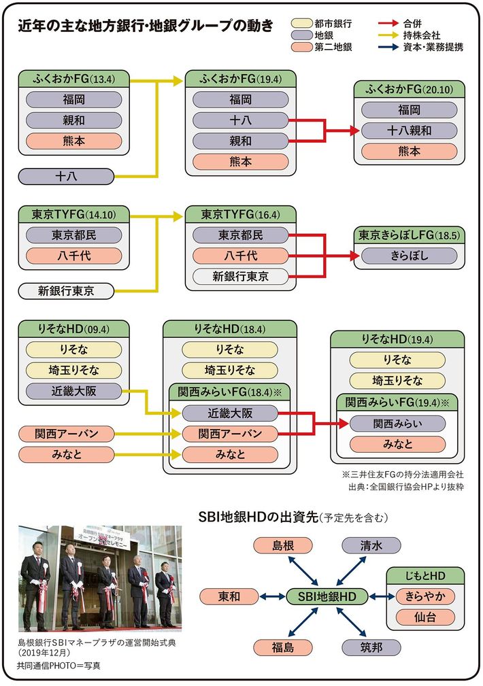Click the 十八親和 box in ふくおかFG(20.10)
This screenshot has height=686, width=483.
[410, 131]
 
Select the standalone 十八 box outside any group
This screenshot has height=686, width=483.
[65, 176]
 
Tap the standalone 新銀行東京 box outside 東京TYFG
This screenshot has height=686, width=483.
[66, 291]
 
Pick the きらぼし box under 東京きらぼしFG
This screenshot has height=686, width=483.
[409, 256]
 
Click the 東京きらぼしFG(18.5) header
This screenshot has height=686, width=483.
[409, 235]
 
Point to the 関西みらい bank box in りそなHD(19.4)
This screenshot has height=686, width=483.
[397, 424]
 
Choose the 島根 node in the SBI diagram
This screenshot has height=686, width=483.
[283, 545]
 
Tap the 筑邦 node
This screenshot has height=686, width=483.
[371, 647]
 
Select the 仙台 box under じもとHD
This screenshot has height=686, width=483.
[425, 618]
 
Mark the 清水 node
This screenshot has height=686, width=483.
[371, 545]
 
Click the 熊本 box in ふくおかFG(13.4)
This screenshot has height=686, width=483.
[75, 141]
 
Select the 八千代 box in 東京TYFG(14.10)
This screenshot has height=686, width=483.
[75, 256]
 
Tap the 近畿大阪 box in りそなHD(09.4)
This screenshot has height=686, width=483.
[75, 391]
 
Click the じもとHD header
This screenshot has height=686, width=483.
[425, 576]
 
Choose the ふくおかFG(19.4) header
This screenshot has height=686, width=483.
[241, 78]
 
